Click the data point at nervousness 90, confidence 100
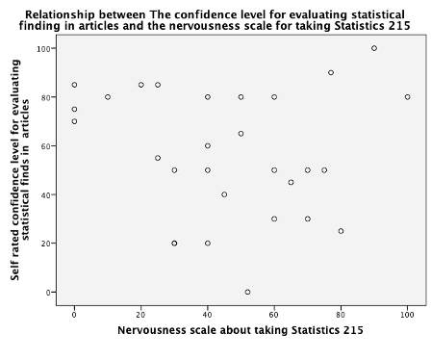pos(374,48)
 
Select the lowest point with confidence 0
pos(247,292)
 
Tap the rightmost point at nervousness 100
pos(408,96)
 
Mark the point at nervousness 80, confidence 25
pos(341,231)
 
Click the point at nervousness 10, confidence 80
pos(108,96)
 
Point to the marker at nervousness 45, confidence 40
pos(224,194)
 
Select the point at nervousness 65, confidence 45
pos(291,182)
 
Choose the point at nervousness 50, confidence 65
pos(241,134)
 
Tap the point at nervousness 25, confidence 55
pos(158,158)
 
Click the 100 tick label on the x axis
pos(408,314)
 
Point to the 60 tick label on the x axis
pos(274,314)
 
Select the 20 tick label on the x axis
pos(140,314)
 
